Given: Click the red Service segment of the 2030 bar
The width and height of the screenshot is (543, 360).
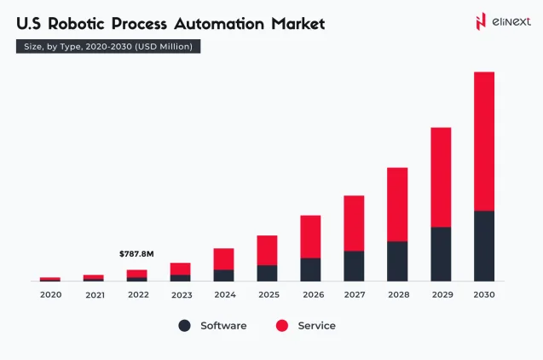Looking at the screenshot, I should (484, 141).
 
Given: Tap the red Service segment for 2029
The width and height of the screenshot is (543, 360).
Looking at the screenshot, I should (441, 177).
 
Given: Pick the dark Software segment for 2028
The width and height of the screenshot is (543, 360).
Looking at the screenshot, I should (397, 261).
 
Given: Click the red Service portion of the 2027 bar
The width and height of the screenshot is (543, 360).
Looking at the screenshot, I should (354, 223).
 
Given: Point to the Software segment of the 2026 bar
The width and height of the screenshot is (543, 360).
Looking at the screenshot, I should (310, 270).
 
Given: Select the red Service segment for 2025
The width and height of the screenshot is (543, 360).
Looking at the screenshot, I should (267, 250).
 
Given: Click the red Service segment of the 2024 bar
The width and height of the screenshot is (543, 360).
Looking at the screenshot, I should (223, 258).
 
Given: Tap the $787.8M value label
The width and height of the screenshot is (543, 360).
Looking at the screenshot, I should (136, 253).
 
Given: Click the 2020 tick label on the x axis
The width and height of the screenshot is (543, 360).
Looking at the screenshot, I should (50, 294).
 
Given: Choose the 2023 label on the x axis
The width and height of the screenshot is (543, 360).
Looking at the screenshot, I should (181, 294).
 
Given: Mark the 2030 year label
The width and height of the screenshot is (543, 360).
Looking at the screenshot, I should (484, 294).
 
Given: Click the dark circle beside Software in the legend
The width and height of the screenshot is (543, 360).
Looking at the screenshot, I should (185, 326).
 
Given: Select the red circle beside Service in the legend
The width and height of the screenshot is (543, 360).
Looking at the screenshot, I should (282, 326).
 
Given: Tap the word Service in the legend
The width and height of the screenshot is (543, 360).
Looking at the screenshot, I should (316, 326).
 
